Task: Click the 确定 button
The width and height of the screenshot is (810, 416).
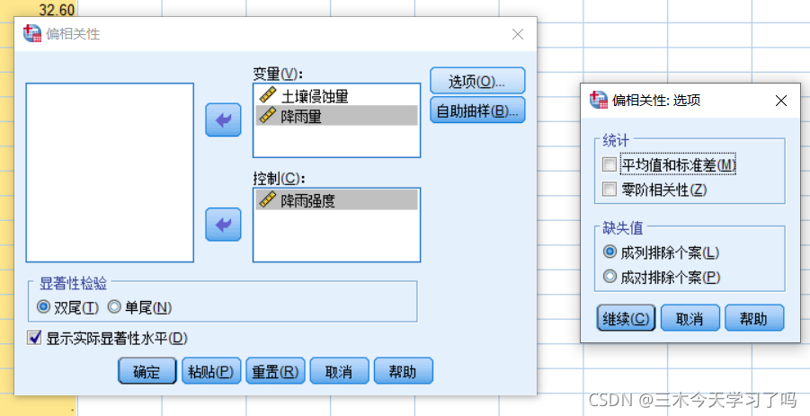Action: [147, 371]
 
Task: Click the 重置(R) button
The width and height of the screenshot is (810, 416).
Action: [276, 371]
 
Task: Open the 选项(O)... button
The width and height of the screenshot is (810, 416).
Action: [476, 81]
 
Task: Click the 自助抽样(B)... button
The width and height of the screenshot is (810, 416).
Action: [476, 111]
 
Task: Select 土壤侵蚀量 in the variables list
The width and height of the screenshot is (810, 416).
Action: [315, 95]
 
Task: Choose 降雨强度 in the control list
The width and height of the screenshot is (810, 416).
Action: [315, 199]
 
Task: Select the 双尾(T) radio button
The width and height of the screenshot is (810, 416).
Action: [43, 307]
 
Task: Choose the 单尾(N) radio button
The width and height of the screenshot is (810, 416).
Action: [113, 307]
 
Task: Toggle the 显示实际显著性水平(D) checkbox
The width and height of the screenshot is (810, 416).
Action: [35, 338]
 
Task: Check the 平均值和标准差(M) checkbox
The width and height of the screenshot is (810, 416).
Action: [610, 165]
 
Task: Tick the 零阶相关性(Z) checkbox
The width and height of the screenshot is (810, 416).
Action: [610, 189]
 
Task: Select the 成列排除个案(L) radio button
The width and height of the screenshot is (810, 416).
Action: [610, 252]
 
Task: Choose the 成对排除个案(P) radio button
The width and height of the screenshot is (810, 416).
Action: [610, 277]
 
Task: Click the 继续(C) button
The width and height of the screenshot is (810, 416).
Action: [626, 318]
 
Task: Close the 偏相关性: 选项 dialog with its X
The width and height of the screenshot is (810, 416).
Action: [780, 100]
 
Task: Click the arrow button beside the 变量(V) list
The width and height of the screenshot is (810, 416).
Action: [223, 119]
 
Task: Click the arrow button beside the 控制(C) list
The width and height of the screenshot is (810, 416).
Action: [223, 224]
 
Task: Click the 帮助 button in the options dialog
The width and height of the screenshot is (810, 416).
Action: [753, 318]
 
